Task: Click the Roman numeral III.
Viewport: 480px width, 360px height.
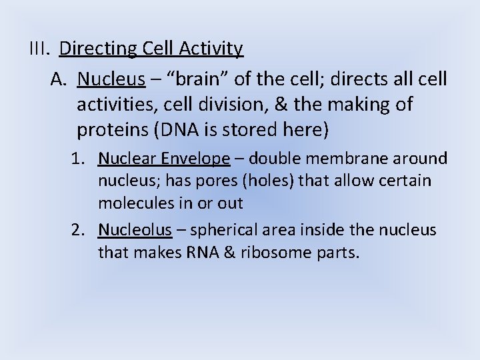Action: pos(41,49)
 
